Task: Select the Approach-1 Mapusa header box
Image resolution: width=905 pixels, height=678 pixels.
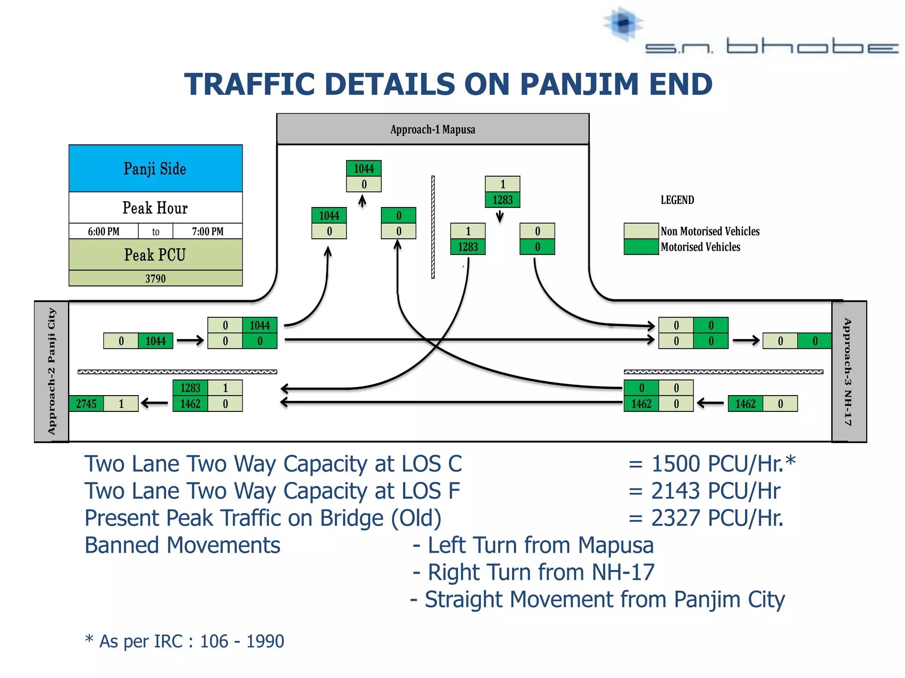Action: [x=433, y=129]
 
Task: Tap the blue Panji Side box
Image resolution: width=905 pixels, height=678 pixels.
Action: [x=156, y=169]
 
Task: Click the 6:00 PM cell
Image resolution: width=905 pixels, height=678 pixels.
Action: [x=103, y=231]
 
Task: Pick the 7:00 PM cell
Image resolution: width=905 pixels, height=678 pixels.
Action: [x=207, y=231]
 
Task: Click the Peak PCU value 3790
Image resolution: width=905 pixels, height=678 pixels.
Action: [x=156, y=279]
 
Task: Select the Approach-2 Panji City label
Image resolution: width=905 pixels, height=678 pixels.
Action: [x=52, y=371]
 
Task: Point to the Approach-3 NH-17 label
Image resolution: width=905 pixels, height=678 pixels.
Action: [x=848, y=371]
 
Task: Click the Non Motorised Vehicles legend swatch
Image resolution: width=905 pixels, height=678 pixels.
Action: [x=641, y=231]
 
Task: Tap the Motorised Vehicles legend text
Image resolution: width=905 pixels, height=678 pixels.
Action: [x=700, y=247]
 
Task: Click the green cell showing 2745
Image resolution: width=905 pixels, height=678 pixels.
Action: [x=86, y=403]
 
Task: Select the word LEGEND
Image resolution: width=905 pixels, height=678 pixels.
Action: [x=677, y=200]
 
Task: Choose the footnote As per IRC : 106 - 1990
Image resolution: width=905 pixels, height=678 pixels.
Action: [x=185, y=641]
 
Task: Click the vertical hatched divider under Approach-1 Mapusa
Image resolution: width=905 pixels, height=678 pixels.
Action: [x=433, y=227]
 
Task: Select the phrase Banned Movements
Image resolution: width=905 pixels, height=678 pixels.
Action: [x=182, y=545]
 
